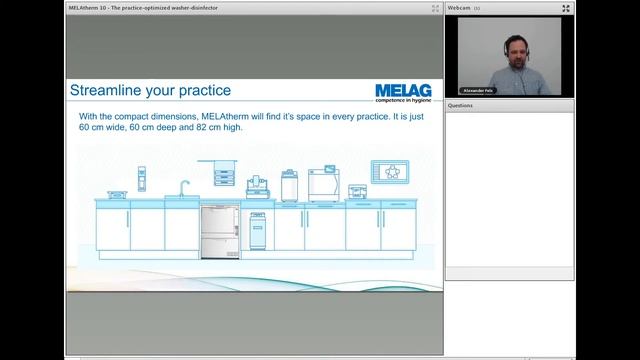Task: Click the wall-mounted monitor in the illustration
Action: [389, 171]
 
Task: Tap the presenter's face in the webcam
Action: [510, 49]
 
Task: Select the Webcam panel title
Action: [459, 7]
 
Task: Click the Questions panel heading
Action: [461, 105]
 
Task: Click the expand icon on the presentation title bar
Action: [435, 7]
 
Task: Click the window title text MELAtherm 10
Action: [88, 7]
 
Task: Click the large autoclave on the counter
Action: [325, 184]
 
